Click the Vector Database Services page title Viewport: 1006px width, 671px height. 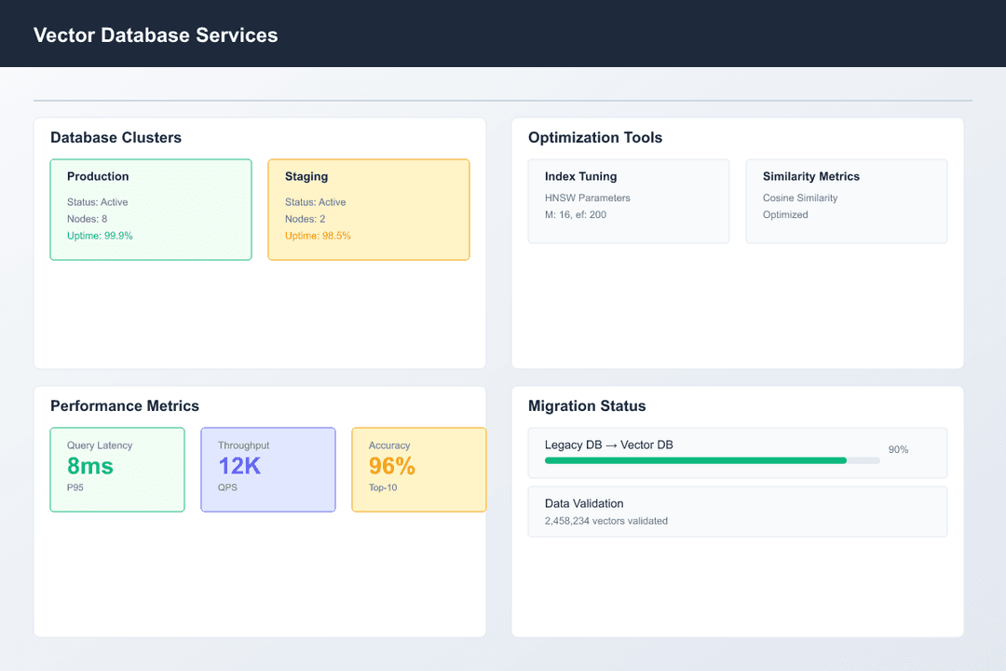click(156, 35)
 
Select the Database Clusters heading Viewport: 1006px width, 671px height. click(116, 138)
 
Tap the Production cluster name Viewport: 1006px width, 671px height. click(98, 177)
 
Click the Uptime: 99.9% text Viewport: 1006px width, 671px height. click(100, 236)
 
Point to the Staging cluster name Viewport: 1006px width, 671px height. click(306, 177)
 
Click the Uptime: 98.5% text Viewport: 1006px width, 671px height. click(318, 236)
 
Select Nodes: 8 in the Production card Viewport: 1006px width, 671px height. click(87, 219)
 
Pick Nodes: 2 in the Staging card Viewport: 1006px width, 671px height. click(305, 219)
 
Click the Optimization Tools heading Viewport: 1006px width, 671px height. click(595, 138)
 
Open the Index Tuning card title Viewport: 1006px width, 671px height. click(580, 177)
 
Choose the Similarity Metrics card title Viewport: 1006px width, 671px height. click(811, 177)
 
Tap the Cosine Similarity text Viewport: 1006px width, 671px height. click(800, 199)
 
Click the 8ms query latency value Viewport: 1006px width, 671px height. click(90, 466)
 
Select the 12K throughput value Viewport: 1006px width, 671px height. click(239, 466)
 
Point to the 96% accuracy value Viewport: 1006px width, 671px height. click(392, 466)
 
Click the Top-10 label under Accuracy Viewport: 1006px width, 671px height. click(383, 487)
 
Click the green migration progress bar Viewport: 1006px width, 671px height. click(695, 460)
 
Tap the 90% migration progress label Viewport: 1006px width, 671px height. click(898, 450)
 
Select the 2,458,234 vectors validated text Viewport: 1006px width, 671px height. click(606, 521)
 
